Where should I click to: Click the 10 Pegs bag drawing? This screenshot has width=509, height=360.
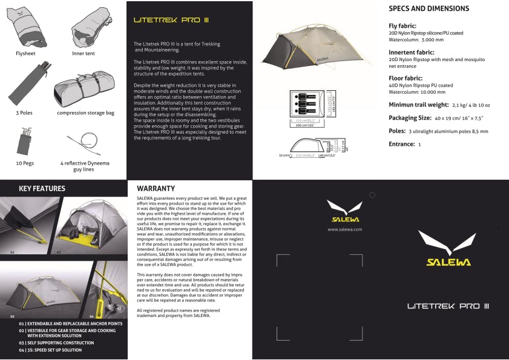pyautogui.click(x=25, y=140)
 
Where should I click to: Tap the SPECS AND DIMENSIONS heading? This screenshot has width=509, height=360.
pyautogui.click(x=429, y=9)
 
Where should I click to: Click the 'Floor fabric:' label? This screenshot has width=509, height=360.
pyautogui.click(x=407, y=78)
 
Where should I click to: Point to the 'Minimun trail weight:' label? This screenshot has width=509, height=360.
pyautogui.click(x=418, y=105)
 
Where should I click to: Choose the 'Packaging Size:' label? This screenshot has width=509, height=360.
pyautogui.click(x=410, y=118)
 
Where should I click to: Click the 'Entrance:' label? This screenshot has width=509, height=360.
pyautogui.click(x=401, y=144)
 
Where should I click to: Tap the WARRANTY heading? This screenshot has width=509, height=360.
pyautogui.click(x=156, y=188)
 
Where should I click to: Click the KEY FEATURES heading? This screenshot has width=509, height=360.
pyautogui.click(x=42, y=188)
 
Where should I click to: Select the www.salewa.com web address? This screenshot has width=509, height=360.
pyautogui.click(x=344, y=230)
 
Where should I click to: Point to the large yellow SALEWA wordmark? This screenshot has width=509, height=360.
pyautogui.click(x=448, y=262)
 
